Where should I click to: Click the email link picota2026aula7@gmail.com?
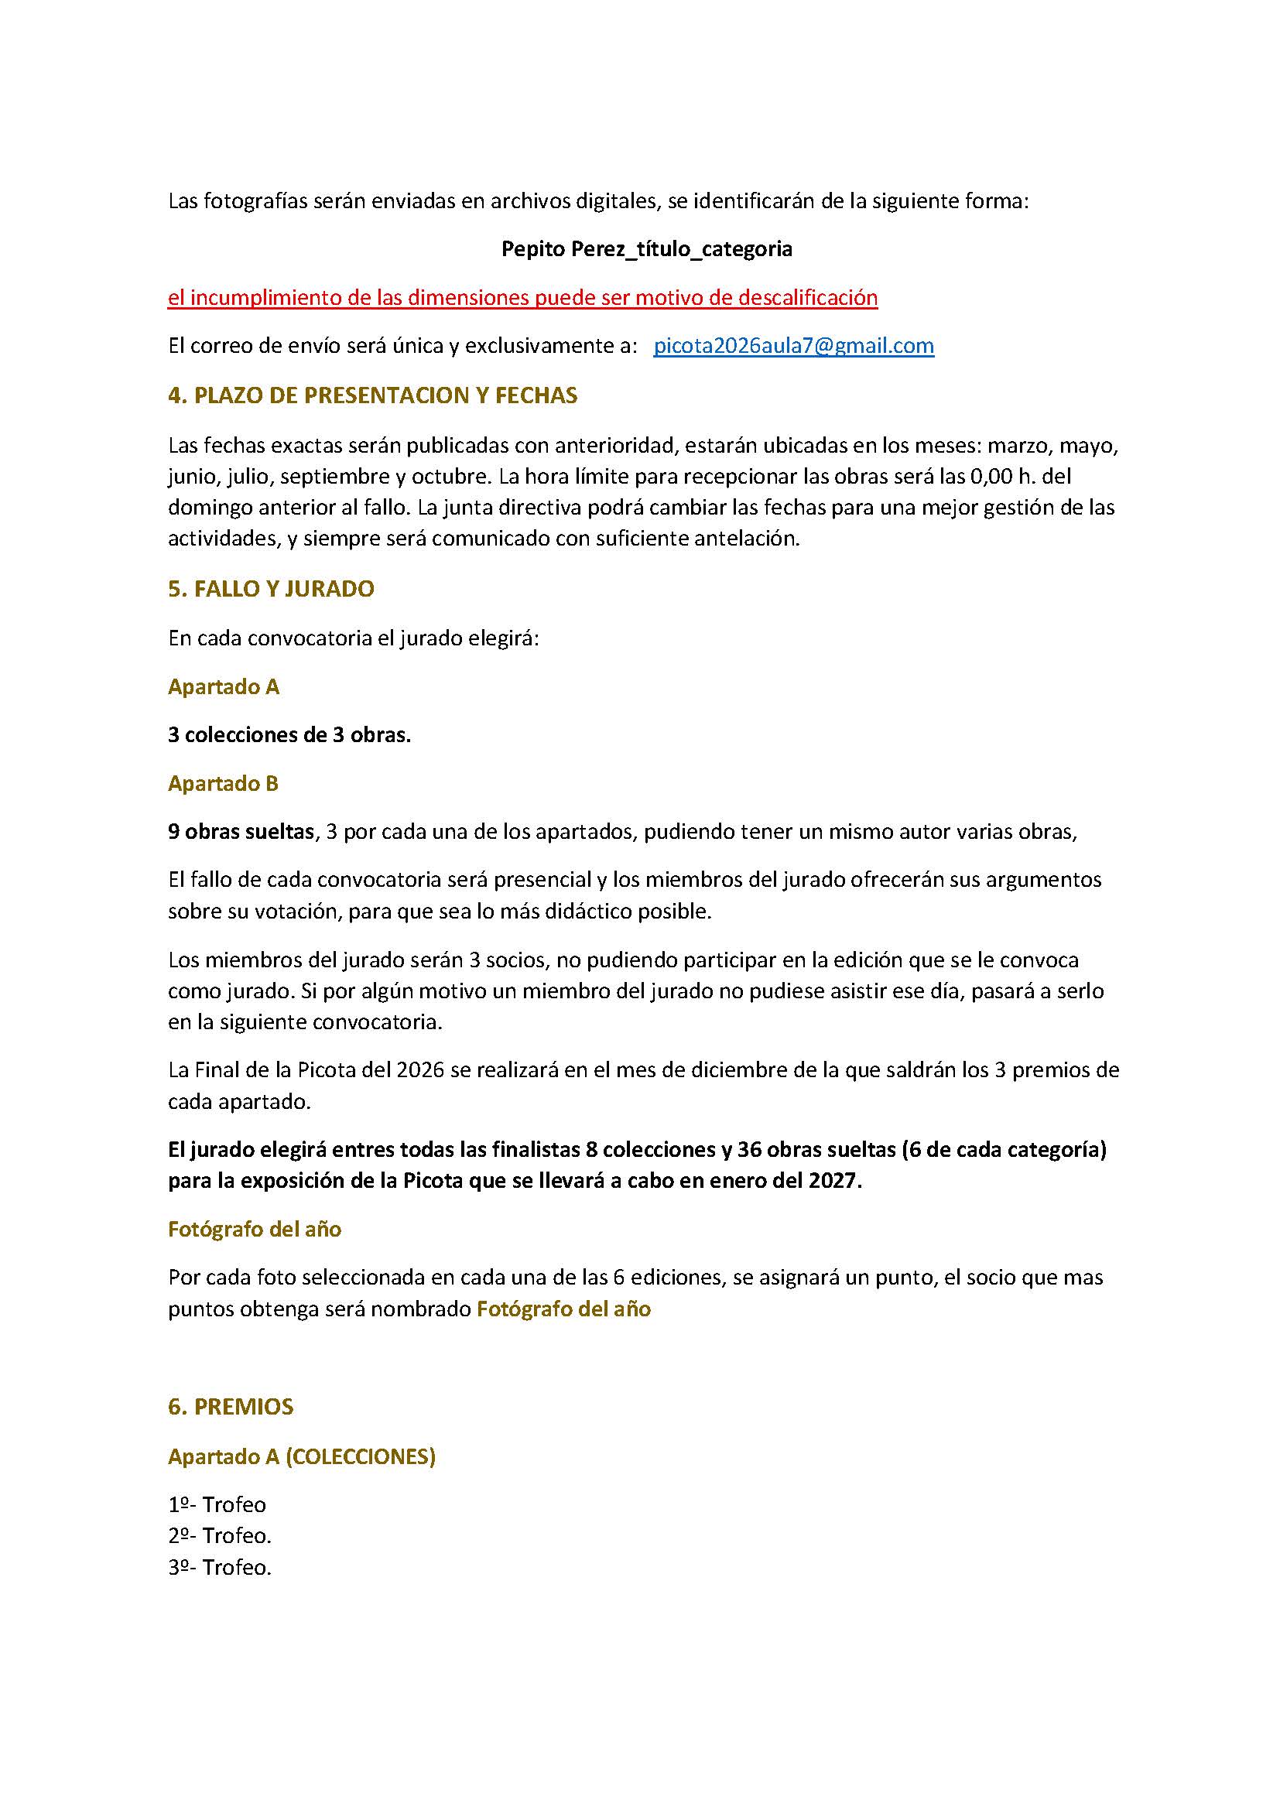click(794, 346)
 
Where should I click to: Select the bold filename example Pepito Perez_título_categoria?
click(646, 249)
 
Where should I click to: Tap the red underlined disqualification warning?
click(522, 298)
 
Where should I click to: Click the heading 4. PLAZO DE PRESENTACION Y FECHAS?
click(373, 395)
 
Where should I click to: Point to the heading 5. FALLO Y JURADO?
click(271, 589)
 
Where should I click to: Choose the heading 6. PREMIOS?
click(231, 1407)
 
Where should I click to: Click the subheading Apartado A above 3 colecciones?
click(224, 686)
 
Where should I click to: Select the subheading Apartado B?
click(223, 784)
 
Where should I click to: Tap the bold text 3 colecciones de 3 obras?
click(289, 735)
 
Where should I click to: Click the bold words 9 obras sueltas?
click(241, 832)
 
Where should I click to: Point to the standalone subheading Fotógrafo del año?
click(255, 1229)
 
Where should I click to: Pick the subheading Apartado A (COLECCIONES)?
click(302, 1457)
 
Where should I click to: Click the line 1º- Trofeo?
click(217, 1505)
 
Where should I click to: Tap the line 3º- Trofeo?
click(220, 1567)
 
